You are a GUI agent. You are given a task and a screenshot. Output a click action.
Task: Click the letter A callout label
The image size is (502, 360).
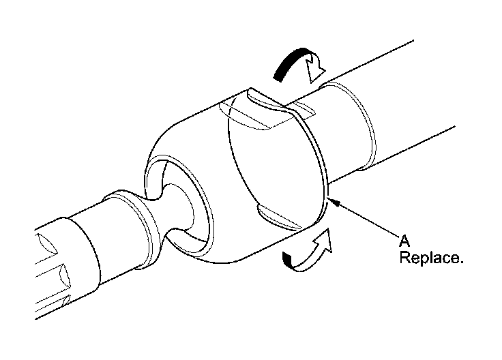(x=404, y=241)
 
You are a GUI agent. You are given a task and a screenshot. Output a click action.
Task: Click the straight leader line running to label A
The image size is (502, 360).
(x=365, y=218)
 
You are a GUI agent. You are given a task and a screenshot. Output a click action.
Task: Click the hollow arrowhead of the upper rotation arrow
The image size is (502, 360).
(x=318, y=67)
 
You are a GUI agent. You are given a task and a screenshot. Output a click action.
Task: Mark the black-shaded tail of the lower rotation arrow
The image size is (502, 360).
(x=292, y=259)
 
